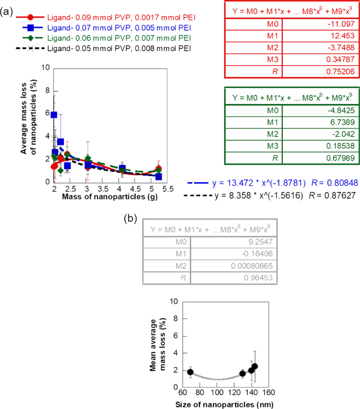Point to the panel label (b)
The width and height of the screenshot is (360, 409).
point(131,218)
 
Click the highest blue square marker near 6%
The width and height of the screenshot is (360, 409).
point(54,115)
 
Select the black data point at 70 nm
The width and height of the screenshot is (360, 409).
point(190,372)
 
